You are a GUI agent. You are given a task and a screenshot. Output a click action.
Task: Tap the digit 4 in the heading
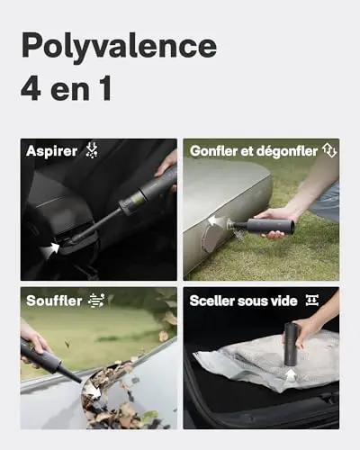[31, 89]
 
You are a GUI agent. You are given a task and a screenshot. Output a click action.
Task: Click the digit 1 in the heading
[104, 89]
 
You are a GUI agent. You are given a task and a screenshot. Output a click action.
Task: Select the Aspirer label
[51, 151]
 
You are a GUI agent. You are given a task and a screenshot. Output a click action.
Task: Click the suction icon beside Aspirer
[92, 150]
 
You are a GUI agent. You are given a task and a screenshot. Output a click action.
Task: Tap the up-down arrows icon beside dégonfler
[329, 150]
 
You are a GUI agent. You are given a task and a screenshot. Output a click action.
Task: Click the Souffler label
[54, 301]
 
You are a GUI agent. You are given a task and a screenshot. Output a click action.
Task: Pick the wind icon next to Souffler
[96, 301]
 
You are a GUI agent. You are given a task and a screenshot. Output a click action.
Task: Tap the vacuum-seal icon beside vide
[312, 300]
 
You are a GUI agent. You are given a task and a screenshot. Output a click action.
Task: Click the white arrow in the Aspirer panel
[49, 250]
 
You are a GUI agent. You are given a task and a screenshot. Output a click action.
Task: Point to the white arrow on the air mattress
[217, 220]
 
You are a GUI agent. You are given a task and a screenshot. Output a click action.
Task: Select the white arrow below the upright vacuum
[290, 375]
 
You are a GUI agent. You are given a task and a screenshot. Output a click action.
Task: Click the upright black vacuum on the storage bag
[291, 344]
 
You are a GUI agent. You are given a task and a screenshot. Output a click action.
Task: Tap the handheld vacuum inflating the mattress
[261, 226]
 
